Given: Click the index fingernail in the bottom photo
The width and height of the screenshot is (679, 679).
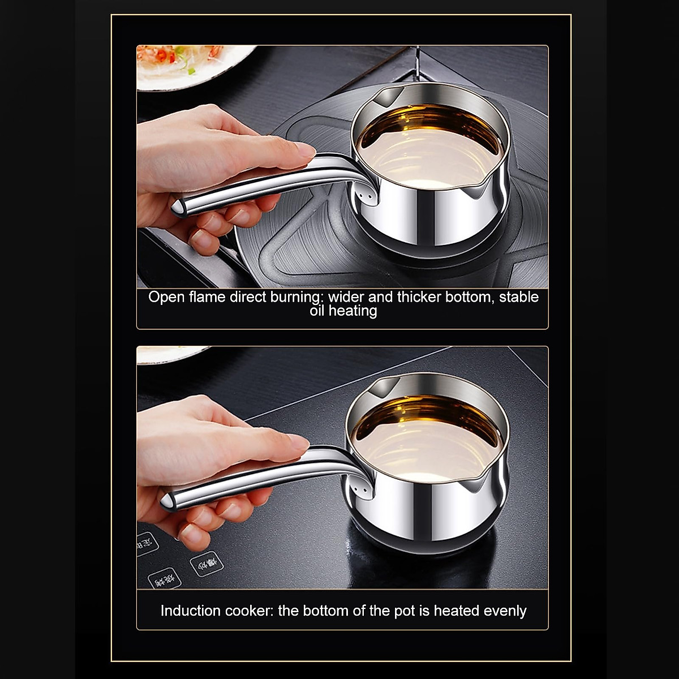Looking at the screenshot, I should click(297, 441).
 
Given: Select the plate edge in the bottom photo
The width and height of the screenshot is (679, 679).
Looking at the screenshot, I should click(170, 354).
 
